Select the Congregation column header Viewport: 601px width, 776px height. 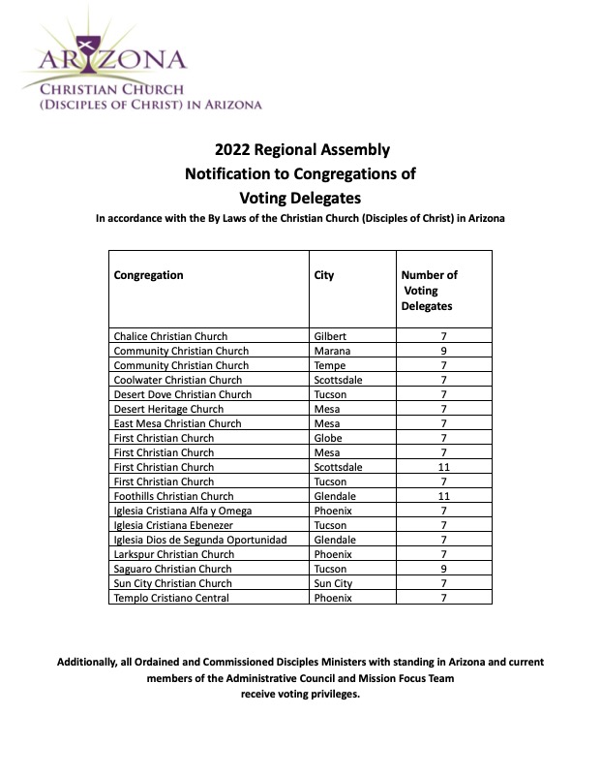(148, 275)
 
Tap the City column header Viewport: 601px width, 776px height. (324, 275)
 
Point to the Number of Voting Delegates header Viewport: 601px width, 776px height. (430, 291)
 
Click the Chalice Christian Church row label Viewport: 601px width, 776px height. (170, 336)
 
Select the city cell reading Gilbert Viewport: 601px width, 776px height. (332, 336)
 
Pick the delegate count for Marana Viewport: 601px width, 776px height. (443, 351)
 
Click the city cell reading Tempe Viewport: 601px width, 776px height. (331, 365)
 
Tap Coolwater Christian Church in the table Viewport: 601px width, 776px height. (176, 380)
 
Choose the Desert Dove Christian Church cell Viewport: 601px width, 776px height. (182, 394)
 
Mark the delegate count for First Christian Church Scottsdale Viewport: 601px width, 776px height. (443, 467)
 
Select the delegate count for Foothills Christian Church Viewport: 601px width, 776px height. (443, 496)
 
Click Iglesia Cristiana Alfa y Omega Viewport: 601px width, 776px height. (183, 511)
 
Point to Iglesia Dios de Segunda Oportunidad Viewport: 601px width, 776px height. (200, 540)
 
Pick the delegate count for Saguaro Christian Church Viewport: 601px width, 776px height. (443, 569)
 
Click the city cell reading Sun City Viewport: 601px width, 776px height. (334, 583)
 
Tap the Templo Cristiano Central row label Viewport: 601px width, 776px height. (171, 598)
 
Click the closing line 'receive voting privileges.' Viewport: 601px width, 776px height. (300, 696)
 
